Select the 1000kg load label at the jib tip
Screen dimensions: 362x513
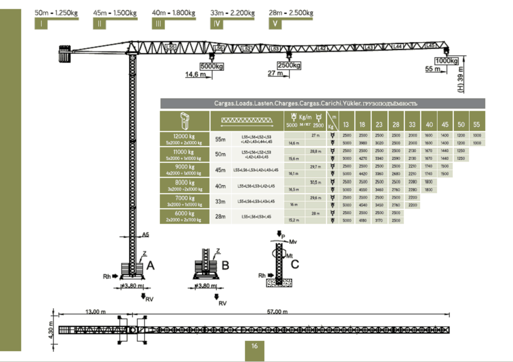(x=447, y=61)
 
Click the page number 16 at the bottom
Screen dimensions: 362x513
(x=255, y=346)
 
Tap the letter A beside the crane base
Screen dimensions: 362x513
(x=150, y=265)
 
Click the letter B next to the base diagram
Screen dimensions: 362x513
(x=225, y=265)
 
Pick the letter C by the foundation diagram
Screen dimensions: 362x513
(x=295, y=264)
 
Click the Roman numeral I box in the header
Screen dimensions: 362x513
(x=41, y=24)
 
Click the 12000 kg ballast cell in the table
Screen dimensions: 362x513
(x=184, y=139)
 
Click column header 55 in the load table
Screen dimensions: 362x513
(x=476, y=124)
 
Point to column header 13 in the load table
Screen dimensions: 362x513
(x=346, y=124)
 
